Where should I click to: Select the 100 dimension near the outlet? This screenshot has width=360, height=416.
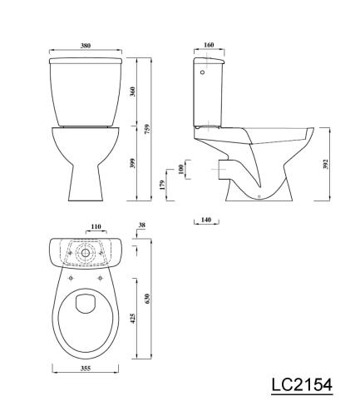181,170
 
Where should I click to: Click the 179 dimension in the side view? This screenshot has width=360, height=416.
161,186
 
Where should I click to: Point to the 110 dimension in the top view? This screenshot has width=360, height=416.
96,226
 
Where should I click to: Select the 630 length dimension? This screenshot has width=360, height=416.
147,300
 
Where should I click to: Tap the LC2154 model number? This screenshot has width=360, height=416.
301,385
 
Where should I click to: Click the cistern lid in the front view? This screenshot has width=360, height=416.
86,61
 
